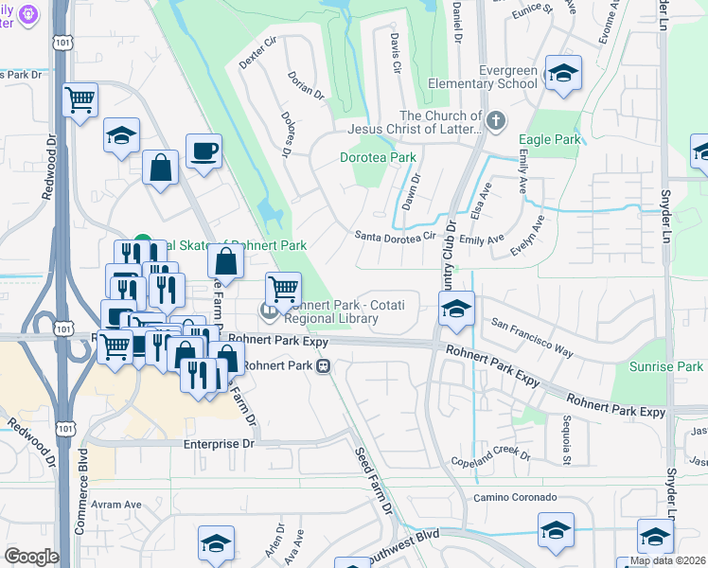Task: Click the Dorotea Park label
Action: click(378, 157)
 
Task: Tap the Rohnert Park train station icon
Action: click(324, 366)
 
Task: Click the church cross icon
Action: click(497, 120)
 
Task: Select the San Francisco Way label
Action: click(532, 337)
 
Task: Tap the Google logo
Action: click(31, 557)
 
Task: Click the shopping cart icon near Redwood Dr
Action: click(80, 98)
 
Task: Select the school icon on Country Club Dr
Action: click(456, 310)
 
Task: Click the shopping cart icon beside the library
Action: click(283, 289)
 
